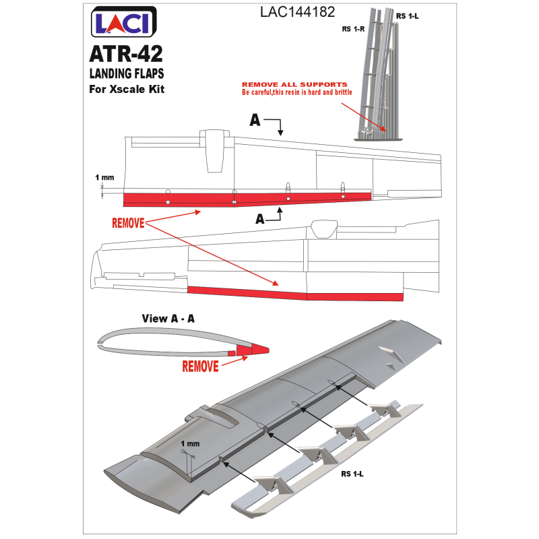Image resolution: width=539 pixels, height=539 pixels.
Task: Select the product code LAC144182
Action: pos(296,12)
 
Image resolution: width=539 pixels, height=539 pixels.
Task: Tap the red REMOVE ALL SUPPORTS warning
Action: pos(294,84)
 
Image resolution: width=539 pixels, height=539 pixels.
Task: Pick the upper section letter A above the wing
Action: pos(256,120)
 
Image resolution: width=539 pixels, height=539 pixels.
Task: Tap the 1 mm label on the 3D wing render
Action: pos(189,445)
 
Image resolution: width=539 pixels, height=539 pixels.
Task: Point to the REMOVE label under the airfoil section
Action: pos(201,367)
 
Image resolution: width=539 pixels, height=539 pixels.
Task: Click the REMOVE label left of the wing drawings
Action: pos(127,222)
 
